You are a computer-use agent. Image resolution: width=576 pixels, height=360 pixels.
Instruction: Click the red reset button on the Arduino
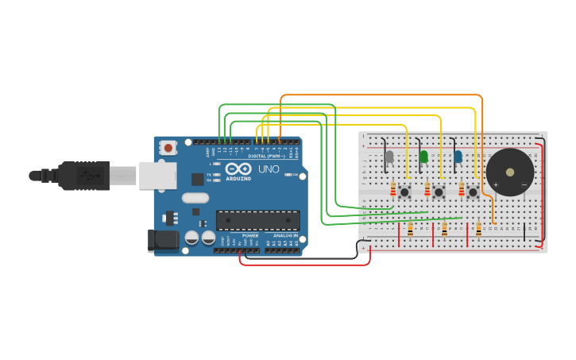[168, 147]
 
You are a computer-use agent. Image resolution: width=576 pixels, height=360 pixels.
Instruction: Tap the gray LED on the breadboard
[389, 157]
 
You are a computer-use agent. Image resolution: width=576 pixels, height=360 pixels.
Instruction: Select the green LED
[423, 157]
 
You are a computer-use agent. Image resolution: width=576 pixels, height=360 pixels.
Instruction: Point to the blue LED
[458, 157]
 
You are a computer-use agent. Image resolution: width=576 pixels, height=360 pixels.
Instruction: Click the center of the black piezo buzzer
[509, 171]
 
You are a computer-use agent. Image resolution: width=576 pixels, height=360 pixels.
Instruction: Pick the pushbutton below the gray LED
[404, 192]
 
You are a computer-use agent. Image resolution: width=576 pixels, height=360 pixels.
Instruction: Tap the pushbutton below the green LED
[439, 192]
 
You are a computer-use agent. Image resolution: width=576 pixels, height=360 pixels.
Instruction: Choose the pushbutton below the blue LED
[473, 192]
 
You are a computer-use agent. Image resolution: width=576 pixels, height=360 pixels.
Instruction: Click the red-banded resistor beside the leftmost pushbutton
[393, 190]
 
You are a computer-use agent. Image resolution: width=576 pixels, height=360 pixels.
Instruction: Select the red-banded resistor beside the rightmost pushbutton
[462, 190]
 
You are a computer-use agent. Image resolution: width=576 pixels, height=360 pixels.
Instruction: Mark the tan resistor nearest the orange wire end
[478, 229]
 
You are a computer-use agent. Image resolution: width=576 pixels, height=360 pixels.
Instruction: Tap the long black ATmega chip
[258, 220]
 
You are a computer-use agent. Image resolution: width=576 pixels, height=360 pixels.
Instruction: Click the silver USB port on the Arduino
[157, 176]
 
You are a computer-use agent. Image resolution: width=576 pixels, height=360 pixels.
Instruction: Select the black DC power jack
[163, 240]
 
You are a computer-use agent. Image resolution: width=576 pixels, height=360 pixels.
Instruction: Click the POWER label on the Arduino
[249, 236]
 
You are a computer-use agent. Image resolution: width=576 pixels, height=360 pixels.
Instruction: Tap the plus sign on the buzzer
[495, 185]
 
